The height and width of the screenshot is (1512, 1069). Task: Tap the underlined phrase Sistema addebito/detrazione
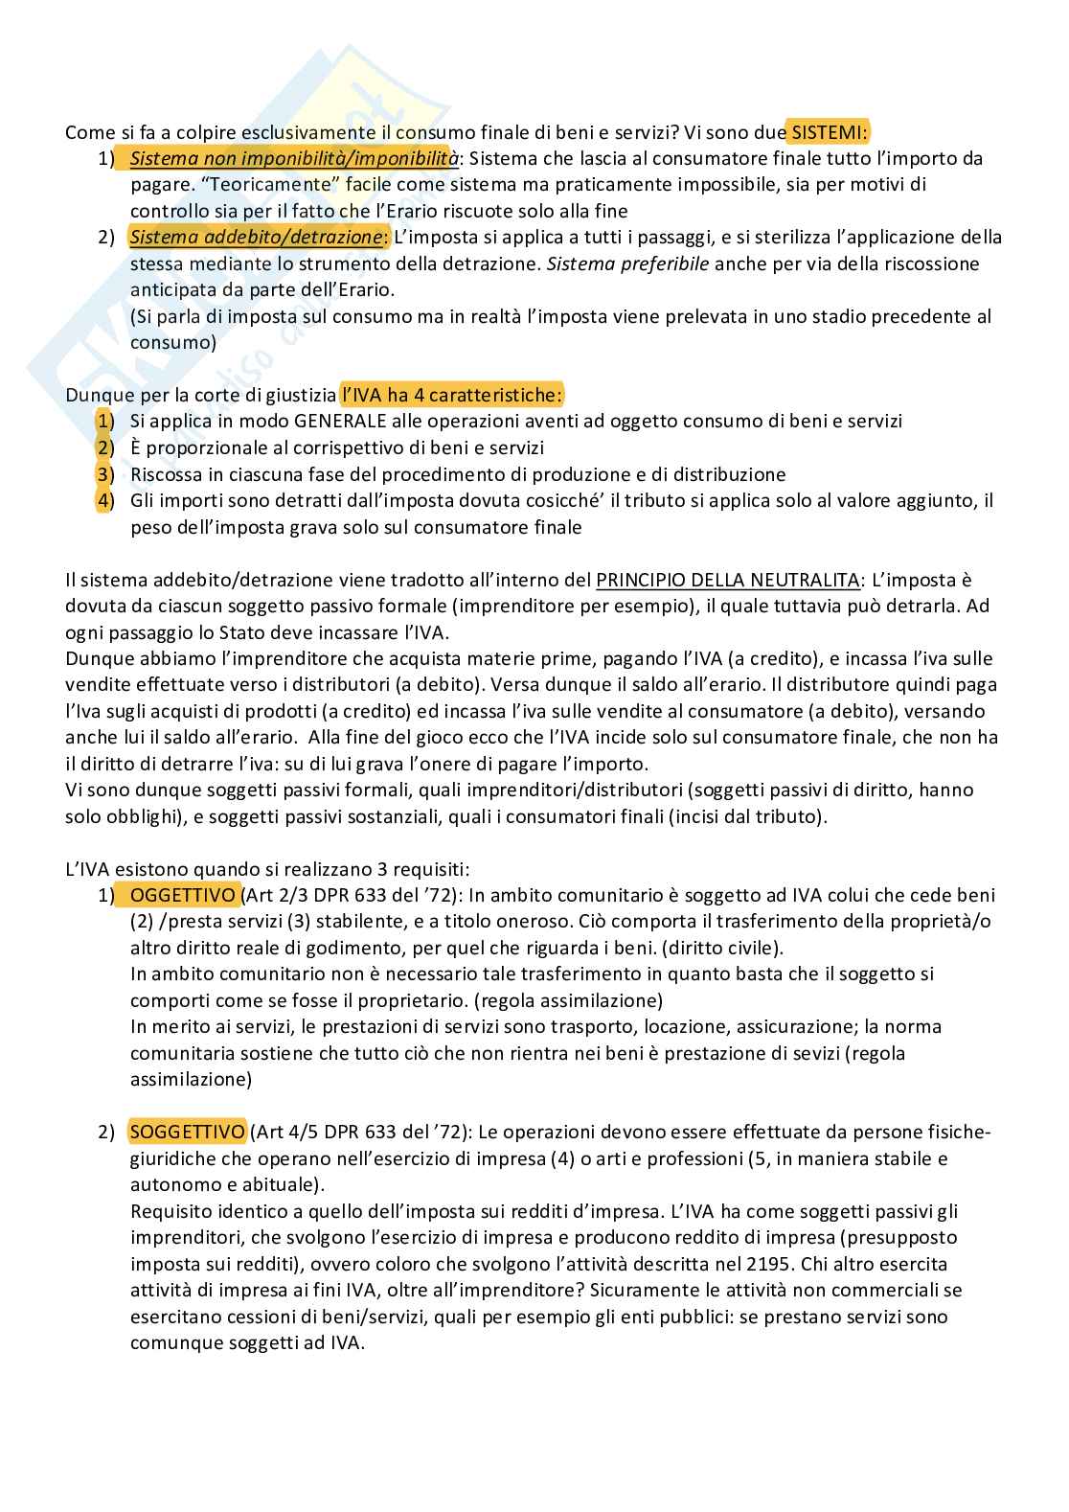(x=256, y=237)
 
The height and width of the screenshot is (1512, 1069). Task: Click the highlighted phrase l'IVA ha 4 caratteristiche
(x=452, y=394)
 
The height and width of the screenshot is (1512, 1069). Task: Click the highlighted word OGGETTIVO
(x=183, y=895)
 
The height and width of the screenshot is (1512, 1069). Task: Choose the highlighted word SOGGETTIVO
(x=187, y=1132)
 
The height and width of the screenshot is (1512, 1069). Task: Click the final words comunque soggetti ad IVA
(x=247, y=1343)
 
